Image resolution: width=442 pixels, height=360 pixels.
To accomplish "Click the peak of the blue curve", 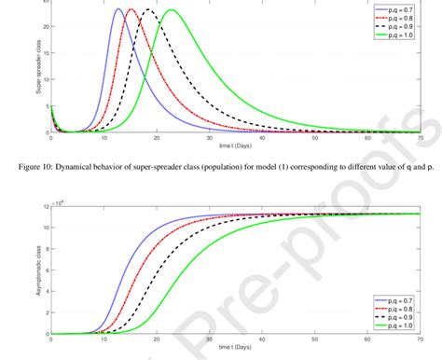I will [x=118, y=9].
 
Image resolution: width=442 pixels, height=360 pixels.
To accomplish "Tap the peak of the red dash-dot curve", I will [x=131, y=9].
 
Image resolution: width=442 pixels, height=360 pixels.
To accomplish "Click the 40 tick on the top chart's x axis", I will [x=264, y=138].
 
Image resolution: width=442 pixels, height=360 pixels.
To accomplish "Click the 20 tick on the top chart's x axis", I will [x=157, y=138].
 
